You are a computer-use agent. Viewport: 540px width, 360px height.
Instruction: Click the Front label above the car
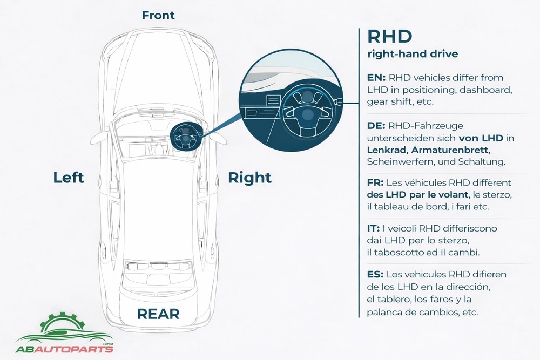pos(158,15)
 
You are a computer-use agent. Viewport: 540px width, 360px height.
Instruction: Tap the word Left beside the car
pos(69,178)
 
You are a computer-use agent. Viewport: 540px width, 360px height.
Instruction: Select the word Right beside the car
pos(249,178)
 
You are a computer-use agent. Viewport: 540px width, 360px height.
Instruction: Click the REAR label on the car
pos(158,314)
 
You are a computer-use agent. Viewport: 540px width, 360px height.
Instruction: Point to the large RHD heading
pos(389,37)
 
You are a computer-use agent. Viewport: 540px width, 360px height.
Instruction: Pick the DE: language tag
pos(376,126)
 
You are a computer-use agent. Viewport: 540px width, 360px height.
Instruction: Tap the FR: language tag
pos(375,183)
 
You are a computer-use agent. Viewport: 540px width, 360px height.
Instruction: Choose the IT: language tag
pos(373,229)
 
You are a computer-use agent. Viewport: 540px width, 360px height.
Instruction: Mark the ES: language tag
pos(375,275)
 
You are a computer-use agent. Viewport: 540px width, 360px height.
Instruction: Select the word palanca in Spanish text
pos(384,312)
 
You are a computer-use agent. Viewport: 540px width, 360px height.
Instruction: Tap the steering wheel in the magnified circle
pos(306,108)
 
